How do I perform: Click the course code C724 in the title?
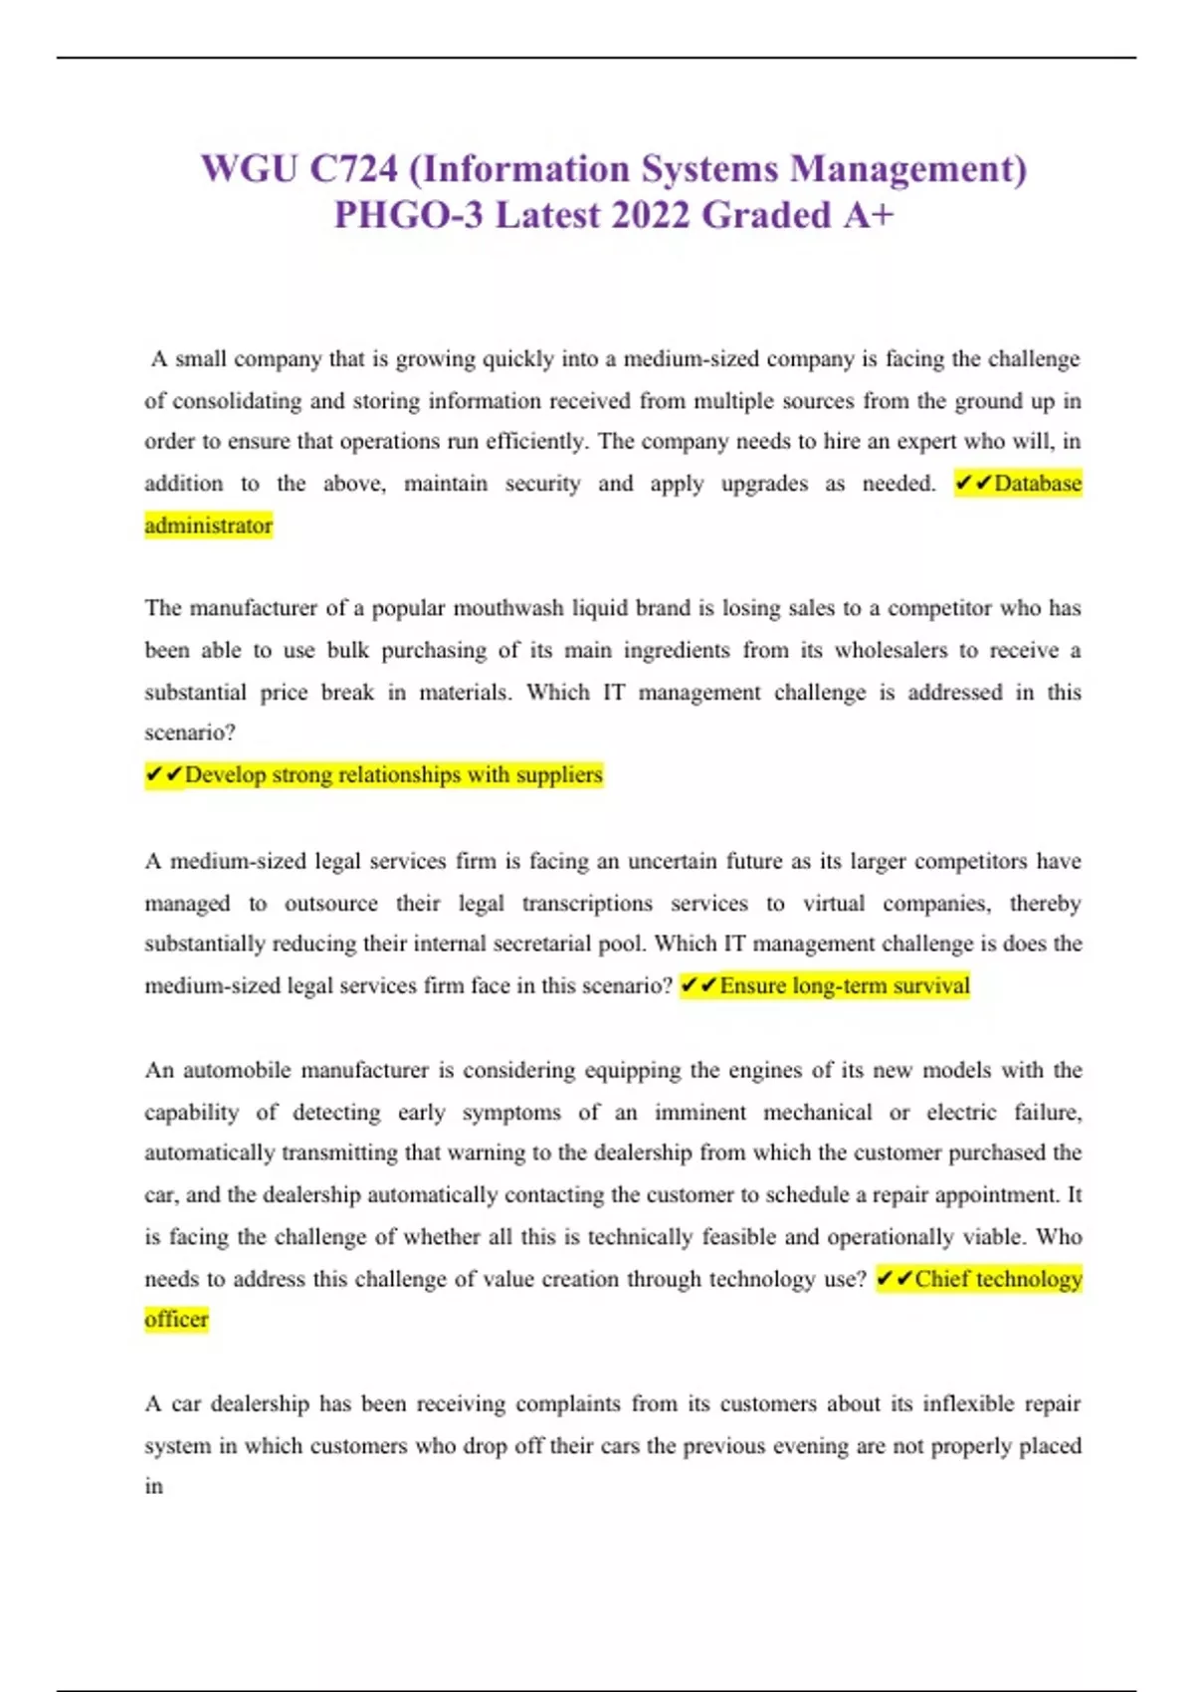coord(353,169)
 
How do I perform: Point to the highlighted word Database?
coord(1038,484)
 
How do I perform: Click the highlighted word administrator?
coord(208,526)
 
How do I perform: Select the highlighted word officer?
coord(176,1320)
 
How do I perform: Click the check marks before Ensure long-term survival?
coord(698,986)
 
